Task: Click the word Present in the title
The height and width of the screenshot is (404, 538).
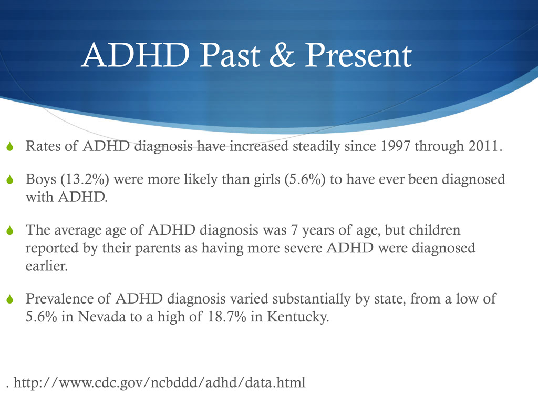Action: [x=358, y=56]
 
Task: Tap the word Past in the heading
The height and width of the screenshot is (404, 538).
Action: [x=231, y=56]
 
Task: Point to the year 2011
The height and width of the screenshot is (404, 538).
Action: [x=480, y=146]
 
